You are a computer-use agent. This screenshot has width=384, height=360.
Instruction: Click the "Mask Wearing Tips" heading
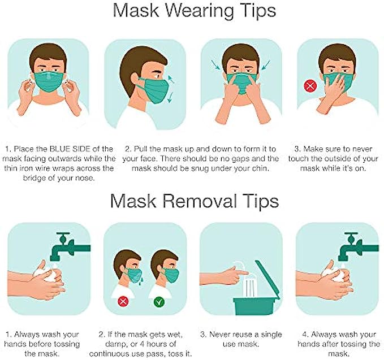pyautogui.click(x=195, y=11)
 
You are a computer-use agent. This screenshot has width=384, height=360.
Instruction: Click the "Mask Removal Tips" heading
pyautogui.click(x=195, y=201)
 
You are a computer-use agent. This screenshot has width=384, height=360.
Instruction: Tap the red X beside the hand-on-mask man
pyautogui.click(x=310, y=86)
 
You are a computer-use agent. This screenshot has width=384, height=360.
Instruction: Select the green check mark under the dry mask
pyautogui.click(x=159, y=302)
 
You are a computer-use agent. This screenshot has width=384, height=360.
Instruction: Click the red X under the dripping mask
pyautogui.click(x=123, y=302)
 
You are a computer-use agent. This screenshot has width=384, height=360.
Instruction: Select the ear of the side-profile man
pyautogui.click(x=135, y=79)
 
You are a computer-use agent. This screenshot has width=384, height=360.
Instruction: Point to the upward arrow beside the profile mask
pyautogui.click(x=171, y=79)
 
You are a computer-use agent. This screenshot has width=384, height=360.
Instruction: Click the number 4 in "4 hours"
pyautogui.click(x=142, y=344)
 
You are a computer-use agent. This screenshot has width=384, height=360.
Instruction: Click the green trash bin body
pyautogui.click(x=256, y=306)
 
